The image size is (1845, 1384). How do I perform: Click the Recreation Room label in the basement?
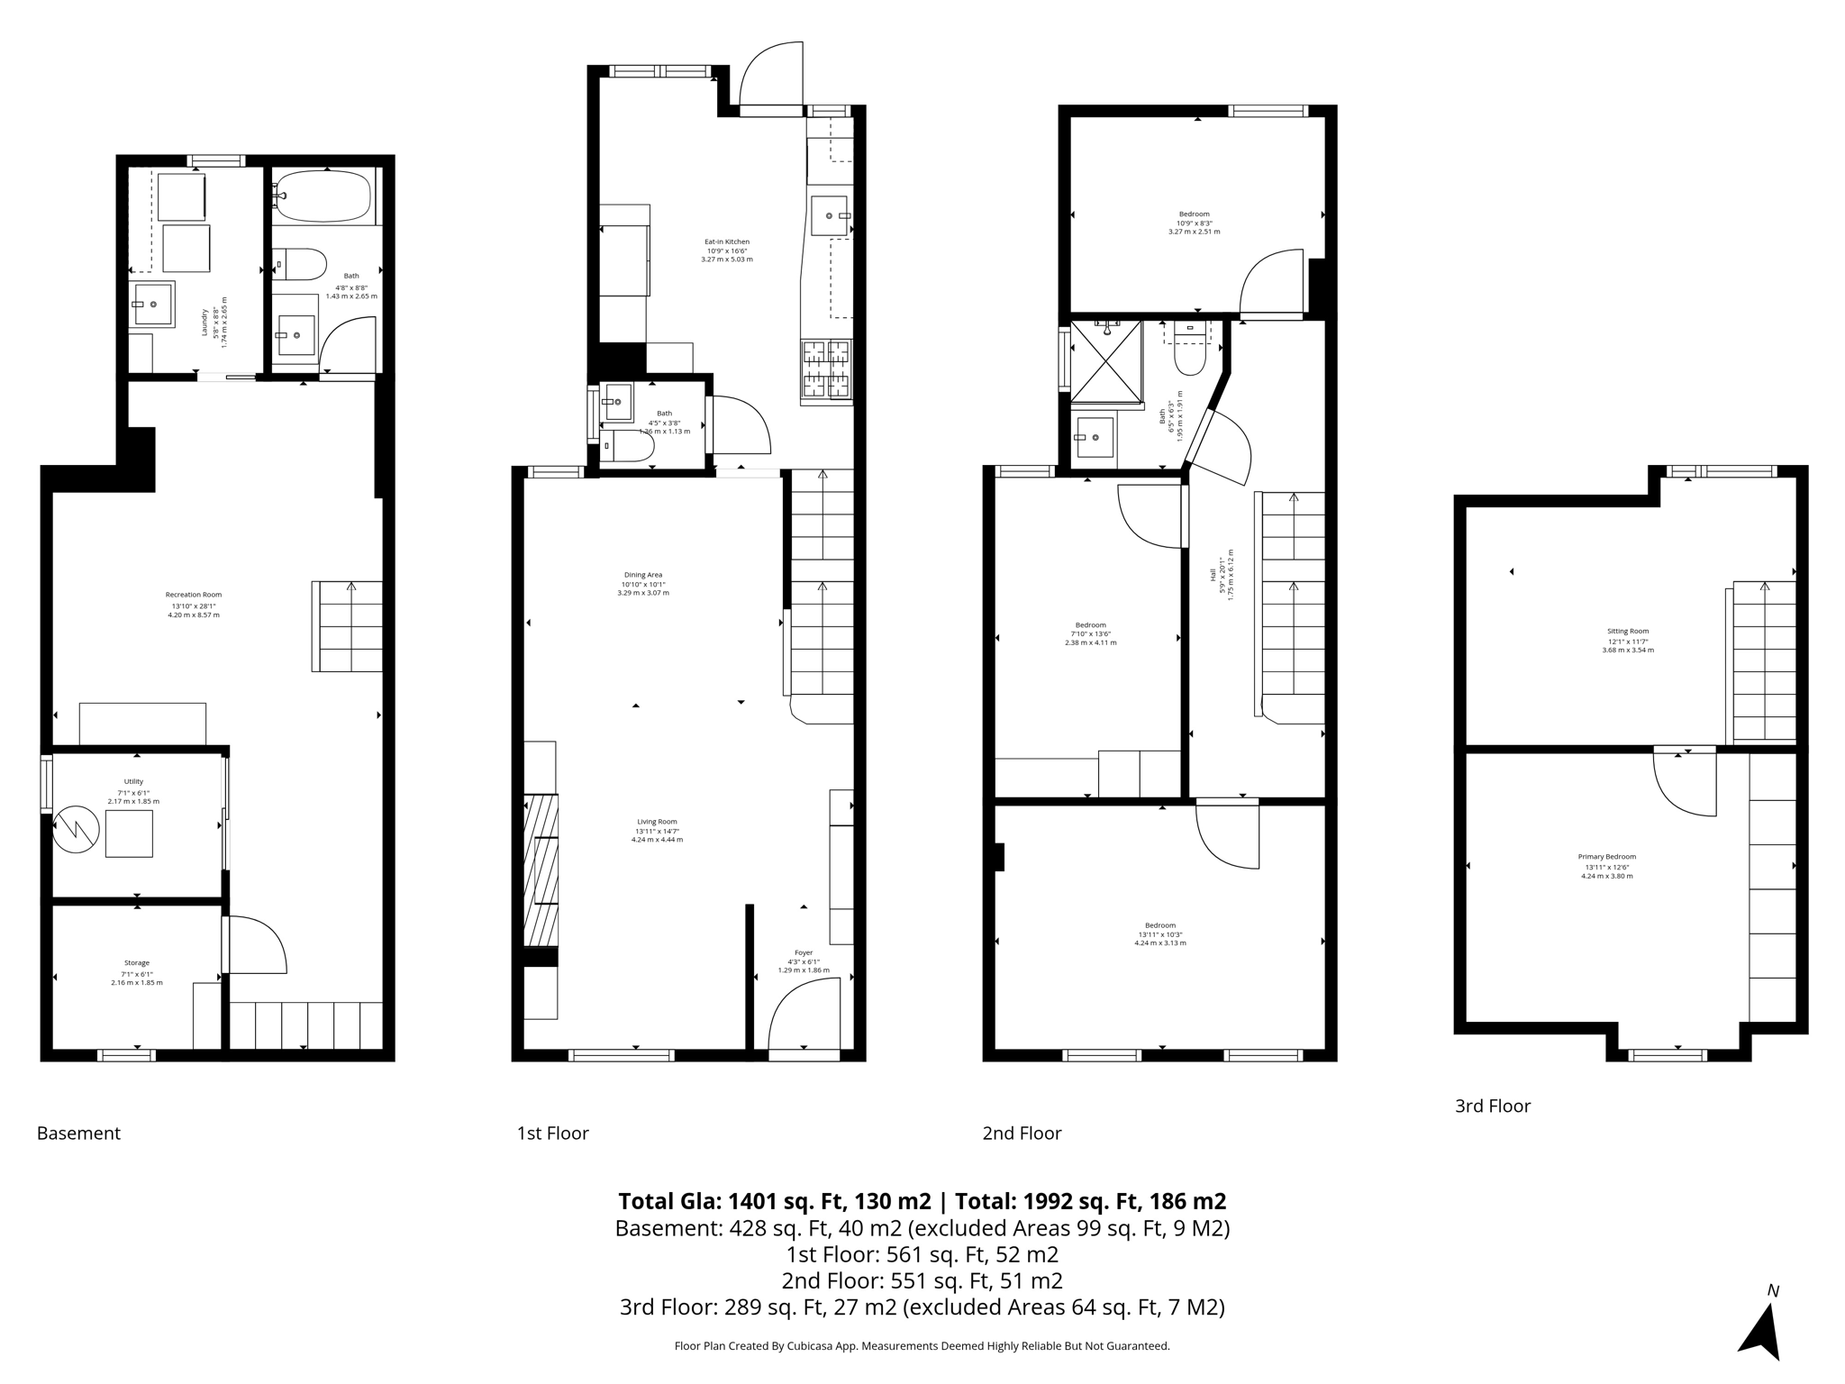coord(193,595)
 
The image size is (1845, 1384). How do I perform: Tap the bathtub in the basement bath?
coord(323,196)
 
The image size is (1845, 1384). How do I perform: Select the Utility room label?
coord(133,782)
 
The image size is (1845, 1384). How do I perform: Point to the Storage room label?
coord(137,963)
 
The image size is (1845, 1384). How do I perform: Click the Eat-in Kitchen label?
coord(726,241)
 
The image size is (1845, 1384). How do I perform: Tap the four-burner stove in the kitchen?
coord(826,369)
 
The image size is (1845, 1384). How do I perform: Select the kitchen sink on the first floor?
coord(829,216)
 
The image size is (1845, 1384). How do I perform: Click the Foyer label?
coord(803,952)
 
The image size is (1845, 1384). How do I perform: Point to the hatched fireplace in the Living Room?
coord(541,870)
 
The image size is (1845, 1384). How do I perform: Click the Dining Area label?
coord(642,575)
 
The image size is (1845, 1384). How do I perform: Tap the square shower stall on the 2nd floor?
coord(1105,361)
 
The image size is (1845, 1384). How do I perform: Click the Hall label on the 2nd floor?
coord(1213,573)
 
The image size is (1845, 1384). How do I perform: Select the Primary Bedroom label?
coord(1606,857)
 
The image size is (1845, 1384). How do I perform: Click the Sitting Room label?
coord(1627,632)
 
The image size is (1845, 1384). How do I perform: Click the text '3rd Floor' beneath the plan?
coord(1492,1106)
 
